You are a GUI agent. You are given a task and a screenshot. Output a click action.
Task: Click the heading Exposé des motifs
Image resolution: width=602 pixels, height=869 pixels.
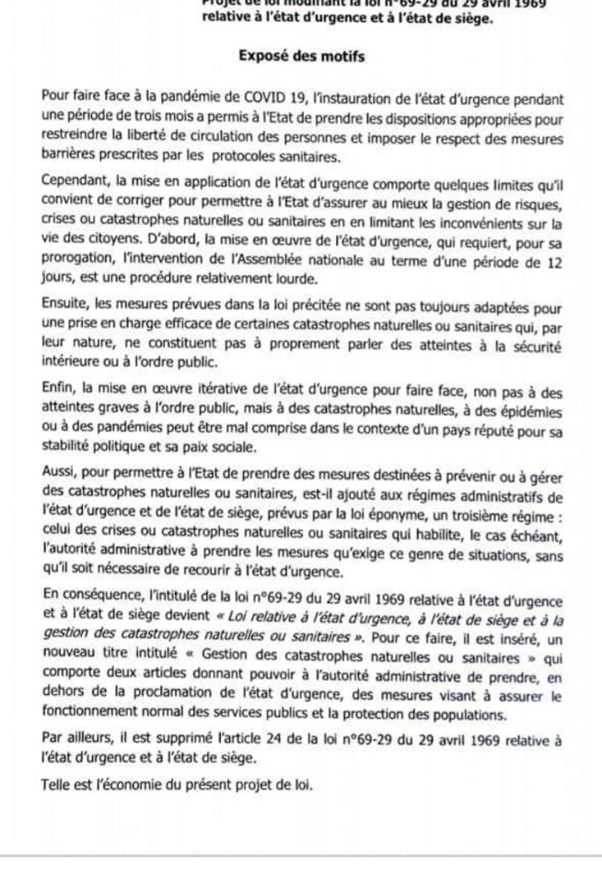tap(301, 56)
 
